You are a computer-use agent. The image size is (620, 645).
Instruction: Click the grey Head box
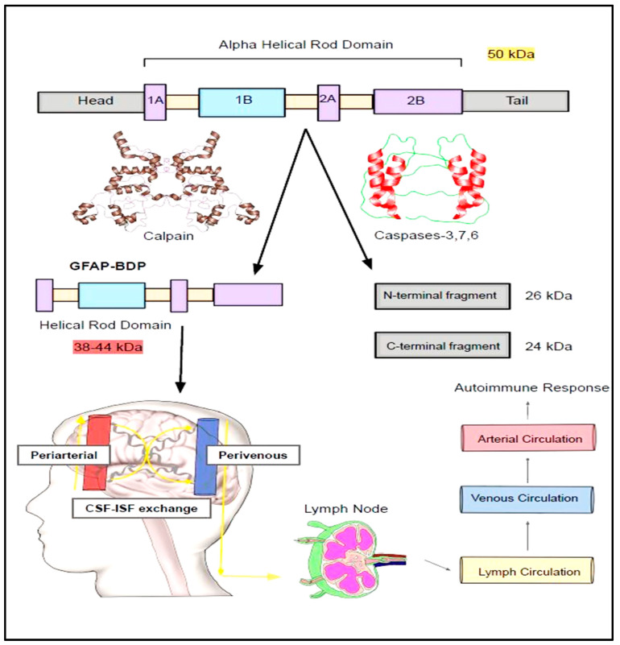point(91,101)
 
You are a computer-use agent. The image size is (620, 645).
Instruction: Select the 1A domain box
point(155,101)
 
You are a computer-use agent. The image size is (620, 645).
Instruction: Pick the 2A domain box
point(329,101)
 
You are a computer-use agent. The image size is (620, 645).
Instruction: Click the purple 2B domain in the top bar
point(417,101)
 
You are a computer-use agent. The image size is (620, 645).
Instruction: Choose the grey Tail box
point(515,101)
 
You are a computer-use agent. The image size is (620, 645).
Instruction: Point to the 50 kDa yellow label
point(511,56)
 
